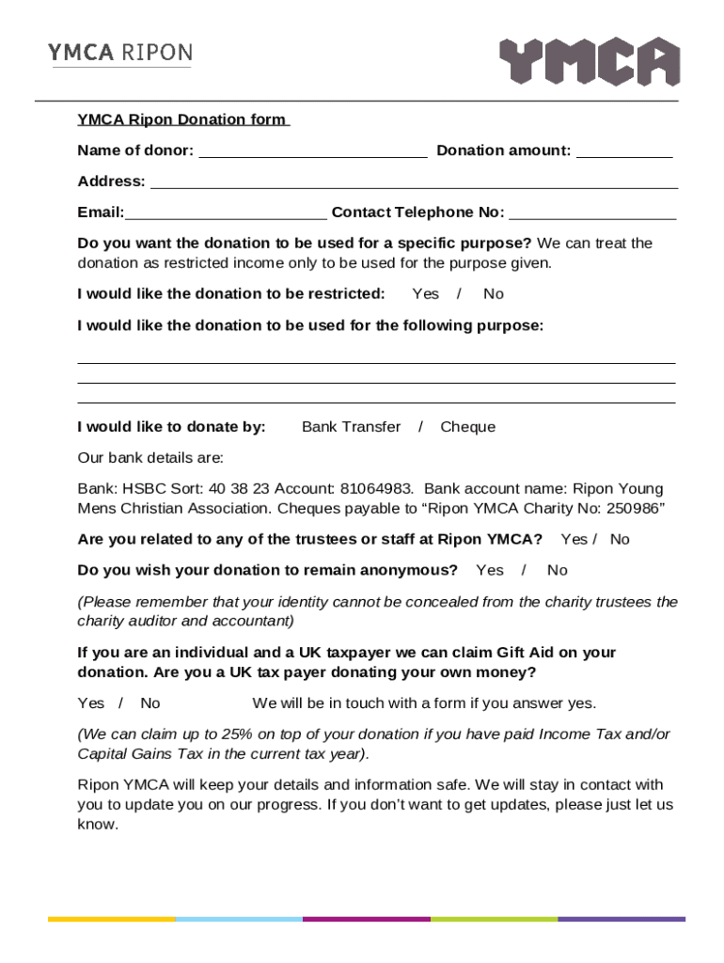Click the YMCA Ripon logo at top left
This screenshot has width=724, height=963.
click(119, 54)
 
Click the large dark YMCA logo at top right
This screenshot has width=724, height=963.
click(589, 62)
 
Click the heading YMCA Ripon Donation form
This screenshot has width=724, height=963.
click(182, 119)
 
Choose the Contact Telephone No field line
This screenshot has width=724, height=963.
click(592, 213)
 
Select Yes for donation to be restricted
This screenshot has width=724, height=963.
click(425, 294)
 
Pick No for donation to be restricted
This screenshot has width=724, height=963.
click(494, 294)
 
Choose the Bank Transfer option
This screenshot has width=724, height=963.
click(351, 427)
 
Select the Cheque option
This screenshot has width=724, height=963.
click(467, 427)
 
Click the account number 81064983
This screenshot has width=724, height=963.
click(383, 489)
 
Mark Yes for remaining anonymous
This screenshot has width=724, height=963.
click(489, 570)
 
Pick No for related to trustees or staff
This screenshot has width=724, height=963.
click(620, 539)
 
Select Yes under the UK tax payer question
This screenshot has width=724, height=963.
click(91, 703)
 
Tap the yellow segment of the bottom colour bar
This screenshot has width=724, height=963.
click(111, 919)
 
